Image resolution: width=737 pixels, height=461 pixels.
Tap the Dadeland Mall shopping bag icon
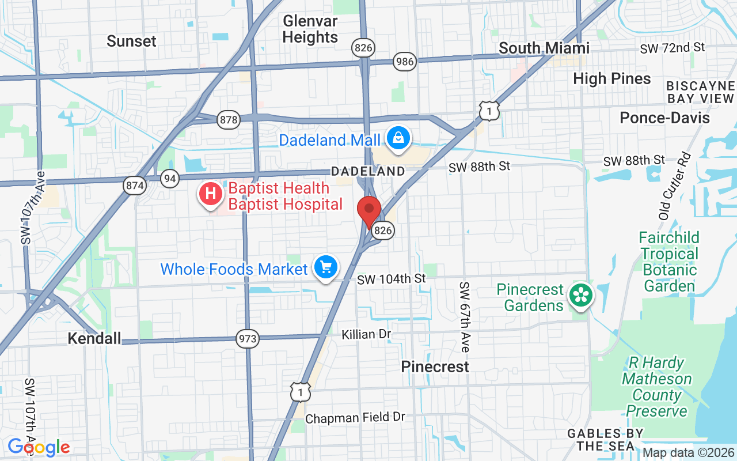tap(398, 138)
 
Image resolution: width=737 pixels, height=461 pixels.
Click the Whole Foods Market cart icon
tap(326, 267)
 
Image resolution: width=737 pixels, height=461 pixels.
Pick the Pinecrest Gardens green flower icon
tap(582, 296)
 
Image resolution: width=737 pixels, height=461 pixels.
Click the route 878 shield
tap(229, 120)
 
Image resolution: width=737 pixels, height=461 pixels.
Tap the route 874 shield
tap(134, 186)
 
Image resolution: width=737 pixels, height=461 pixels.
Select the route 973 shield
tap(248, 338)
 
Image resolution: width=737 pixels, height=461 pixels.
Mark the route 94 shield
tap(169, 178)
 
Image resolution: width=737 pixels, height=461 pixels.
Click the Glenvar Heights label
tap(310, 29)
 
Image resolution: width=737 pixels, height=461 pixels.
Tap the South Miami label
tap(544, 48)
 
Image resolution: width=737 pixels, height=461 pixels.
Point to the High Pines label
tap(612, 79)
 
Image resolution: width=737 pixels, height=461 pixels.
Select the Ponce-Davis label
tap(664, 118)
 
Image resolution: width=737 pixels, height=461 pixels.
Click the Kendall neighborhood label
tap(94, 338)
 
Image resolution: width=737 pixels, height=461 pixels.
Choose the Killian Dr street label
tap(366, 334)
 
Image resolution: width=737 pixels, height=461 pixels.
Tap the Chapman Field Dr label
tap(355, 418)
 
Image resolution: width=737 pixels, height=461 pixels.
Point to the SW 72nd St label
tap(672, 48)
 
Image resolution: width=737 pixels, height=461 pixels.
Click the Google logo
tap(39, 447)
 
